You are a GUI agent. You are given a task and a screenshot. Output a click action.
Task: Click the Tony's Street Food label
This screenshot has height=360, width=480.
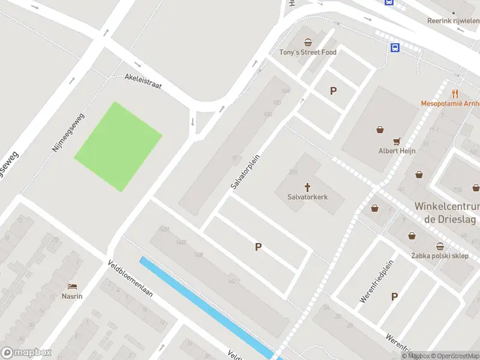(308, 52)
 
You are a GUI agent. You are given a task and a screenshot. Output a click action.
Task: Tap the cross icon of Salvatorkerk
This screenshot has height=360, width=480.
(308, 187)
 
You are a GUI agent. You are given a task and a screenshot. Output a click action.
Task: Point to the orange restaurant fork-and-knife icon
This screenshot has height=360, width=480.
(455, 94)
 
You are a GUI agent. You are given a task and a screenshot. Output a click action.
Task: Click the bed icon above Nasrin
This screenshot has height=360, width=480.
(73, 286)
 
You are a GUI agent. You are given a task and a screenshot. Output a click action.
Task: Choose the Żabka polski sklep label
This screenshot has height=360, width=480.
(440, 256)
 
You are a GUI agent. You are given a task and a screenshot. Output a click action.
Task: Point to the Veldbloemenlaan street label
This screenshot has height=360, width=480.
(131, 281)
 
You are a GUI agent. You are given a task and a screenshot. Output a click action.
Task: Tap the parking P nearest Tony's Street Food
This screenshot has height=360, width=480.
(333, 91)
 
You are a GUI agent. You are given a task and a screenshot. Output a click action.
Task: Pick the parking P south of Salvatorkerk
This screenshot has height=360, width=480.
(259, 247)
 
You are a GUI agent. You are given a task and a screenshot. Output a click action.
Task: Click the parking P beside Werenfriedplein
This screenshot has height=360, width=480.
(394, 296)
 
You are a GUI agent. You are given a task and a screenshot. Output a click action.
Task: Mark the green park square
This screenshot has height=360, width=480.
(118, 147)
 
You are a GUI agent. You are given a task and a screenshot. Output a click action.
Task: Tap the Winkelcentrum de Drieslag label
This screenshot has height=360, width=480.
(445, 213)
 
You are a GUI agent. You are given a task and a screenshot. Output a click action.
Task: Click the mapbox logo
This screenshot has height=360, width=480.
(26, 353)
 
